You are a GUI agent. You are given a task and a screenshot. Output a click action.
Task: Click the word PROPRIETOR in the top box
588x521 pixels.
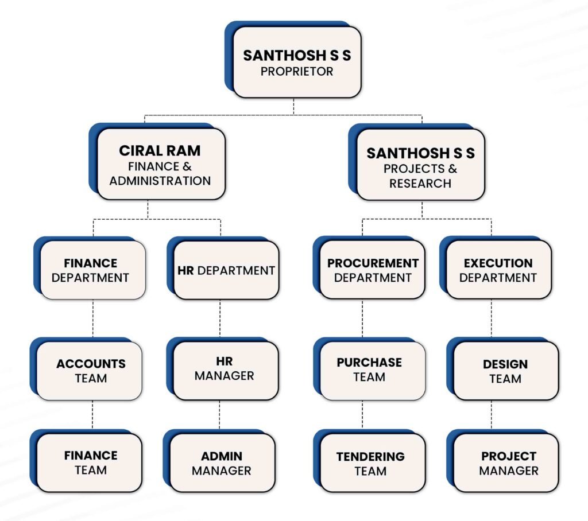pyautogui.click(x=297, y=71)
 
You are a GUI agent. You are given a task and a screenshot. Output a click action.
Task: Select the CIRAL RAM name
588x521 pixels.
pyautogui.click(x=160, y=151)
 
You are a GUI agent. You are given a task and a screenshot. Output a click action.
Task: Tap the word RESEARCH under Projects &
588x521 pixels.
pyautogui.click(x=420, y=183)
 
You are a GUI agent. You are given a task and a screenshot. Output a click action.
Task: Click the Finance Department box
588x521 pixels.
pyautogui.click(x=92, y=270)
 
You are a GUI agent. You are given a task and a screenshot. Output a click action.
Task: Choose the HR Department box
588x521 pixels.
pyautogui.click(x=226, y=270)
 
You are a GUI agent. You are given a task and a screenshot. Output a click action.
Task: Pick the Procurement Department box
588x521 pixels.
pyautogui.click(x=372, y=270)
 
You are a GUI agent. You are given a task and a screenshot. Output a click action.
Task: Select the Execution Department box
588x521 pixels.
pyautogui.click(x=499, y=270)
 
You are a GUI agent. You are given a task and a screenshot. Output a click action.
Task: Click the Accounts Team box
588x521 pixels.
pyautogui.click(x=89, y=371)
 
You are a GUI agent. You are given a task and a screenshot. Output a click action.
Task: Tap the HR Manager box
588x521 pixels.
pyautogui.click(x=226, y=371)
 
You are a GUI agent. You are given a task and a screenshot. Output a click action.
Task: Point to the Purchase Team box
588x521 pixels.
pyautogui.click(x=373, y=371)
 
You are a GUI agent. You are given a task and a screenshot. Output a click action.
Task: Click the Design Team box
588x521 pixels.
pyautogui.click(x=506, y=371)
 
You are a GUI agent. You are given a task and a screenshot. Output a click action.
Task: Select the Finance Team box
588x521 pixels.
pyautogui.click(x=89, y=463)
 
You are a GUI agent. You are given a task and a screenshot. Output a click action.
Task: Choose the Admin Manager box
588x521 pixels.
pyautogui.click(x=222, y=463)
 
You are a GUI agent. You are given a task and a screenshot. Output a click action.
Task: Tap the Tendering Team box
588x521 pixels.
pyautogui.click(x=373, y=463)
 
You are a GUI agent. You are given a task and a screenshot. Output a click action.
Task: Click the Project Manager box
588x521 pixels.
pyautogui.click(x=506, y=463)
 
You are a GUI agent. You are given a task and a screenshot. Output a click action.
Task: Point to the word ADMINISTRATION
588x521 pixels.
pyautogui.click(x=160, y=181)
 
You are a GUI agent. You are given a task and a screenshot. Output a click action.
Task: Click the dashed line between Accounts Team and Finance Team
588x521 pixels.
pyautogui.click(x=92, y=414)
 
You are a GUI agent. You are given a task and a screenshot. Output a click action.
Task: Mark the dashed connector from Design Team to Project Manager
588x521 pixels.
pyautogui.click(x=492, y=414)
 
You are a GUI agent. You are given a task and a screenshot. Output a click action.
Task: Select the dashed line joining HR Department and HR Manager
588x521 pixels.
pyautogui.click(x=220, y=318)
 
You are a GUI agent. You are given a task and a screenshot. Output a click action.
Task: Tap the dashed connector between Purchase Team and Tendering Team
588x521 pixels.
pyautogui.click(x=362, y=414)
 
